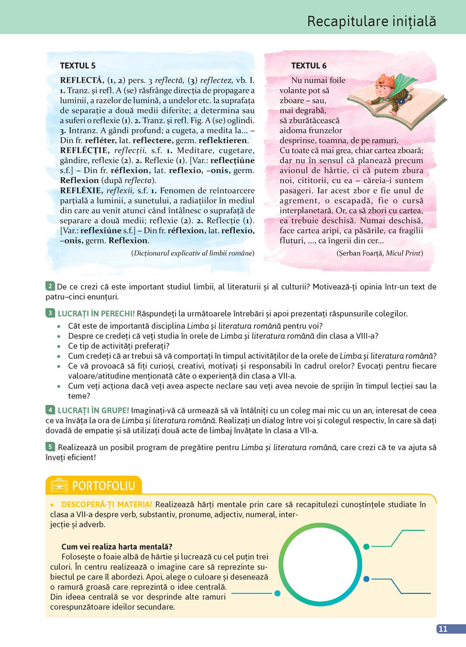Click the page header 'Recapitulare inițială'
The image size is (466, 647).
click(371, 21)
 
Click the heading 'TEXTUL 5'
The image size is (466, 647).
click(78, 66)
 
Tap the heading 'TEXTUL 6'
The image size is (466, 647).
click(308, 66)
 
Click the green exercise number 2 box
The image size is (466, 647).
click(50, 286)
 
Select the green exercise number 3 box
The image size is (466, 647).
click(50, 313)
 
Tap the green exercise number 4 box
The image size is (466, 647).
click(50, 410)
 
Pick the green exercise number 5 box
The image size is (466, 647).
click(50, 446)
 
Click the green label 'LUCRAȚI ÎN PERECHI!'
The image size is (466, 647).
click(96, 314)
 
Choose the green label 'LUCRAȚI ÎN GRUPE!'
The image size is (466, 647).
click(93, 411)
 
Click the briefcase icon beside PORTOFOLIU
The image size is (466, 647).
click(59, 485)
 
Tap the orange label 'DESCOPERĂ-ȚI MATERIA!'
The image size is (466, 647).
click(107, 505)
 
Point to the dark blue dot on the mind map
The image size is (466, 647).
click(366, 579)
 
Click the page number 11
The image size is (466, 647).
click(443, 629)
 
